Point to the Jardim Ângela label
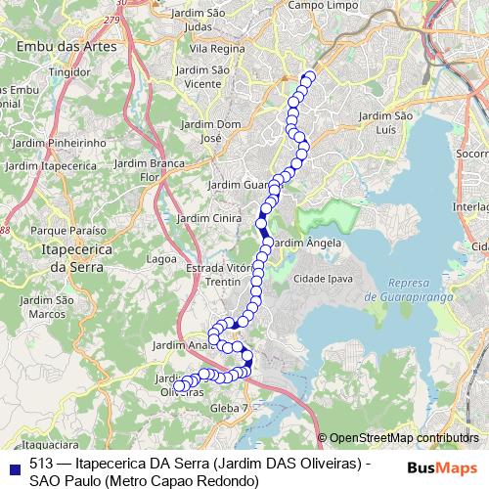[x=307, y=242]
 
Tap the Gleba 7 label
[x=231, y=407]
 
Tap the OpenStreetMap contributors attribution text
[x=403, y=437]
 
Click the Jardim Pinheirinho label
[x=59, y=143]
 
